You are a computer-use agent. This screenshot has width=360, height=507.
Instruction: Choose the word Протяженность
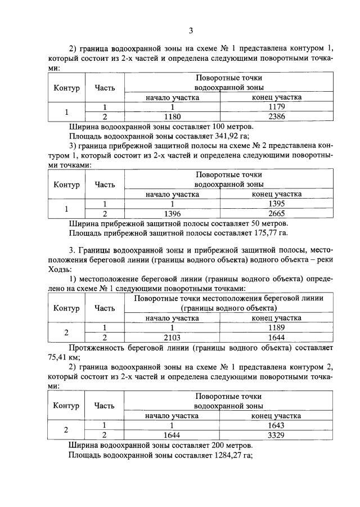pyautogui.click(x=94, y=347)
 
